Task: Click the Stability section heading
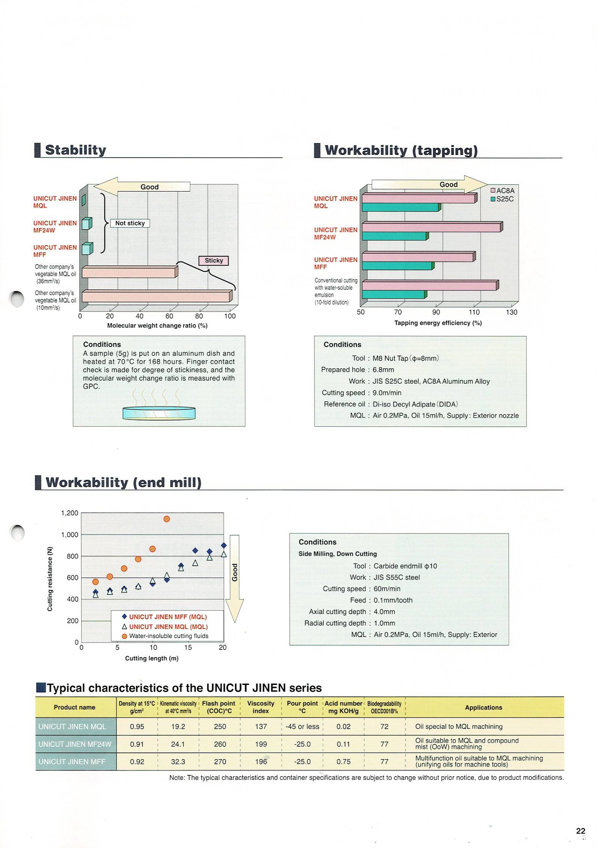(x=75, y=150)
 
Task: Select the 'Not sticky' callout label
(x=130, y=223)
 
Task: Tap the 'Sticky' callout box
(x=214, y=261)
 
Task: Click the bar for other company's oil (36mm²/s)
(x=129, y=273)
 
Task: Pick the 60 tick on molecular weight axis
(x=169, y=316)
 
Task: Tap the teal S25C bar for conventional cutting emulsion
(x=393, y=295)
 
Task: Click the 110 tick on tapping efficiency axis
(x=474, y=312)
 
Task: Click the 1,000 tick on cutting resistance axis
(x=70, y=535)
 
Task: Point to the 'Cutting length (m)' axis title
(x=152, y=658)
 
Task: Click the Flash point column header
(x=219, y=707)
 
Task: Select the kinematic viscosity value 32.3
(x=178, y=762)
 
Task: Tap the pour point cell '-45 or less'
(x=302, y=726)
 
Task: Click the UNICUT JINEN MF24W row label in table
(x=75, y=744)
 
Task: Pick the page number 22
(x=580, y=831)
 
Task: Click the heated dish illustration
(x=159, y=412)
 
